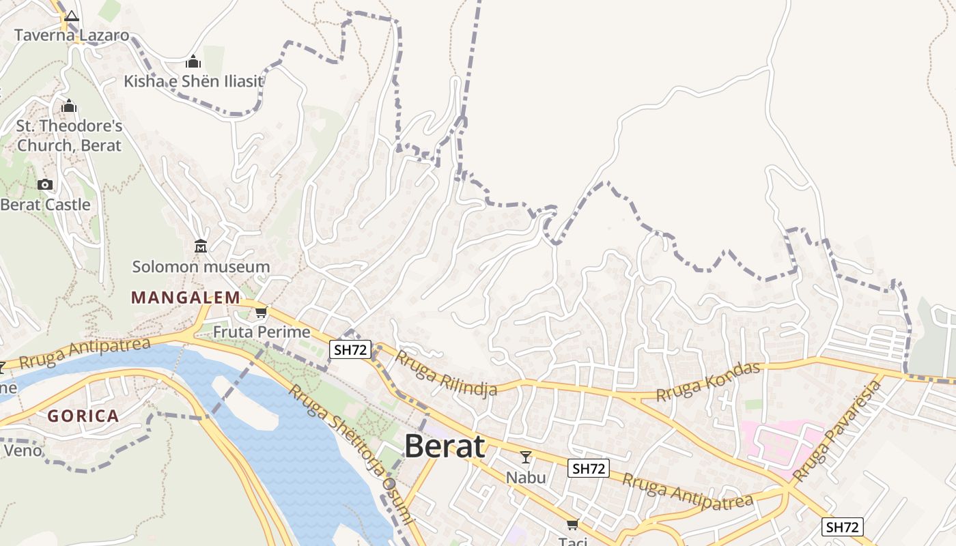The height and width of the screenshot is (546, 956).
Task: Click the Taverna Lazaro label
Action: tap(72, 35)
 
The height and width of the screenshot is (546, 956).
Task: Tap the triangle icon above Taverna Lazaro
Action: tap(72, 16)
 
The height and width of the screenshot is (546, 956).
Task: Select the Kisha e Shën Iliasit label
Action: tap(193, 81)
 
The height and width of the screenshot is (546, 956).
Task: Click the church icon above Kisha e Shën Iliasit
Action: tap(193, 62)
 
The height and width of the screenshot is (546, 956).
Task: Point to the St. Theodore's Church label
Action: tap(69, 135)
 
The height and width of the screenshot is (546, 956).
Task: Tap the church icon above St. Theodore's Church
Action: tap(69, 106)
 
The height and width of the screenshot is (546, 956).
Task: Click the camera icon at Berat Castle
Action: tap(45, 184)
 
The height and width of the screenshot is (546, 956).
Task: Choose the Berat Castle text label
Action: tap(45, 205)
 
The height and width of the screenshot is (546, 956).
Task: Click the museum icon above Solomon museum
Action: tap(201, 246)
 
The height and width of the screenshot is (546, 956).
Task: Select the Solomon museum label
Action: tap(201, 267)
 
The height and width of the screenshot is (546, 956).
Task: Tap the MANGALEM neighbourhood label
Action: tap(186, 298)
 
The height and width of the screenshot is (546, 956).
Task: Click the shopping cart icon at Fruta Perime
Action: tap(261, 313)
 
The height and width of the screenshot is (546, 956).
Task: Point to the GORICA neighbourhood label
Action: tap(83, 416)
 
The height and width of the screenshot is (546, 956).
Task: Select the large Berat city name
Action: tap(445, 446)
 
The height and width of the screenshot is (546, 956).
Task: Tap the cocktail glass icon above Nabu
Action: tap(526, 457)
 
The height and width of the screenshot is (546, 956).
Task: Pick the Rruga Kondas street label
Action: tap(708, 382)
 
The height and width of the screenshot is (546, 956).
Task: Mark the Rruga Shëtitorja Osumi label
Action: tap(351, 453)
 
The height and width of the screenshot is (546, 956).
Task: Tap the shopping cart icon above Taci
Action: tap(572, 524)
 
